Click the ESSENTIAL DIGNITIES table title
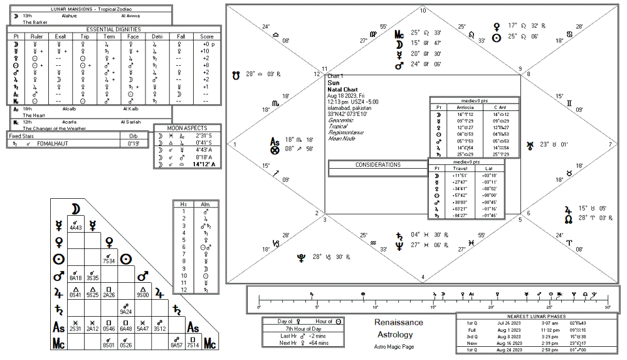click(x=113, y=29)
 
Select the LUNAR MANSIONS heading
click(x=87, y=9)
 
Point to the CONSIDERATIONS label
click(x=377, y=165)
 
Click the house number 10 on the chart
click(x=423, y=11)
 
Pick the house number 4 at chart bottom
click(x=423, y=277)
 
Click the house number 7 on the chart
click(x=610, y=144)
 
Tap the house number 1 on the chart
click(x=236, y=144)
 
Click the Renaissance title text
click(x=399, y=322)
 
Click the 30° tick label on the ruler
click(x=607, y=307)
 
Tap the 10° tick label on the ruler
click(x=375, y=307)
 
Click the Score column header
click(x=207, y=36)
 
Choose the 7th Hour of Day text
click(x=303, y=328)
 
